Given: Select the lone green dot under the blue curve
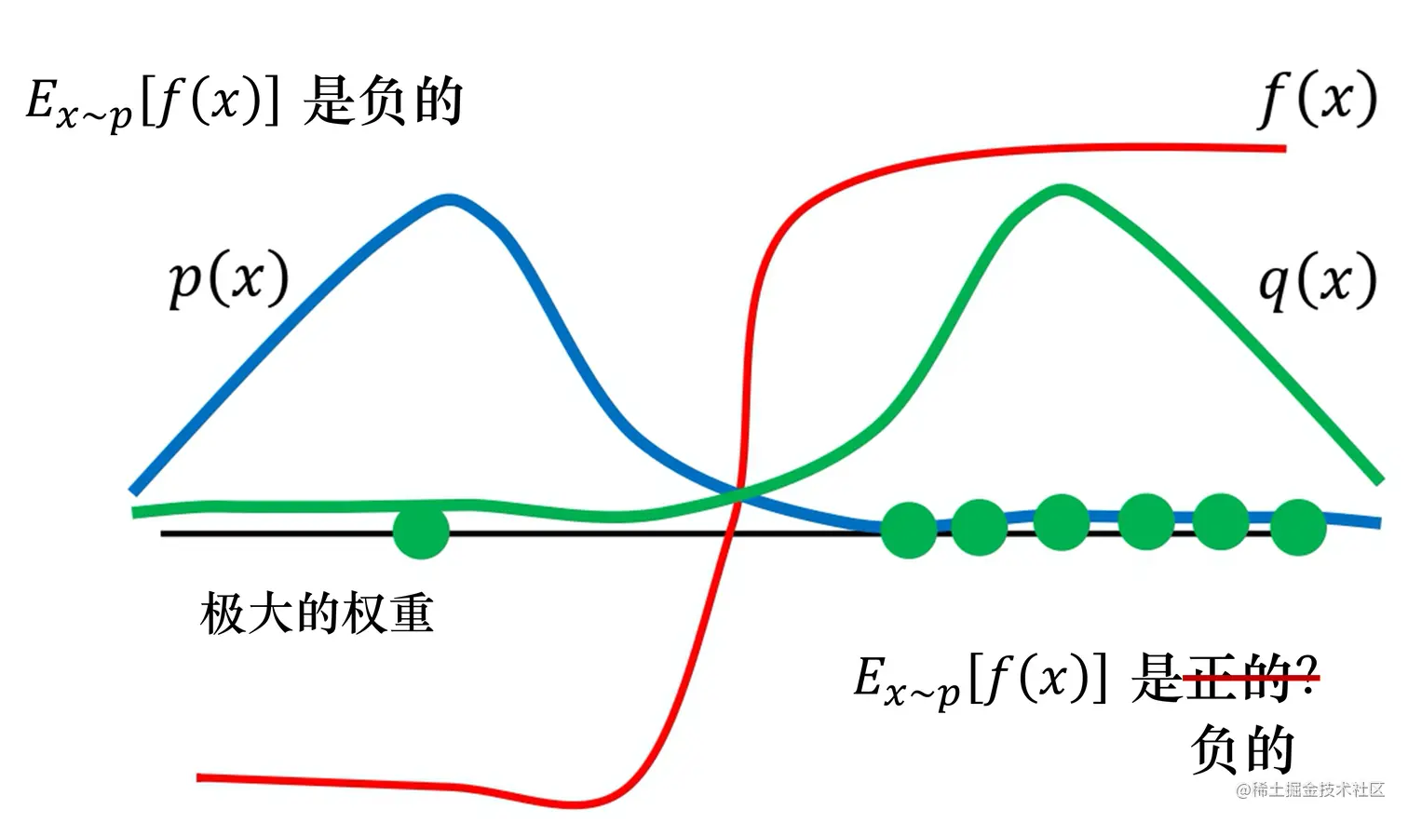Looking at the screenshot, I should [x=421, y=531].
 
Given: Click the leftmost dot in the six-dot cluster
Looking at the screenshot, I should [x=908, y=530].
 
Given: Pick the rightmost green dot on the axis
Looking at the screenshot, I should [x=1298, y=527].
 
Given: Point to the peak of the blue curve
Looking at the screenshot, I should [x=450, y=198].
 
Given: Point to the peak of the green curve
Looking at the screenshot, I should [x=1063, y=189].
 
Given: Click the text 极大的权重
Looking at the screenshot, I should [x=317, y=614].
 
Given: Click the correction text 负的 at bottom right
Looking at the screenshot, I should [x=1242, y=749].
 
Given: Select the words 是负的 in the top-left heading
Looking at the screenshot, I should [x=383, y=101].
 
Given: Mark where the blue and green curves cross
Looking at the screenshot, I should [x=739, y=492].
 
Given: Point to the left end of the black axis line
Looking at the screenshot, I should [x=164, y=533].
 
